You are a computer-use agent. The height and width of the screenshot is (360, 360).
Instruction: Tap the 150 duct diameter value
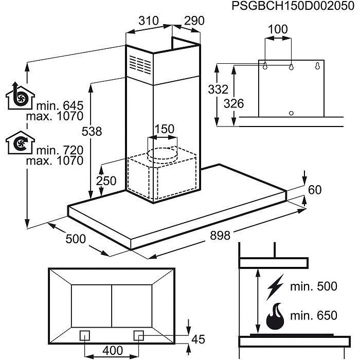tap(165, 129)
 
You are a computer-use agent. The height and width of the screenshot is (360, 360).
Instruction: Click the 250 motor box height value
tap(105, 181)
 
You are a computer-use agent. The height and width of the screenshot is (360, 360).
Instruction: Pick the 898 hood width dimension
tap(222, 234)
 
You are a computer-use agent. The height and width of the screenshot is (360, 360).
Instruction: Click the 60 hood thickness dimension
tap(315, 190)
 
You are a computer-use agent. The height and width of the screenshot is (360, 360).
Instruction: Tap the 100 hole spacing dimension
tap(278, 29)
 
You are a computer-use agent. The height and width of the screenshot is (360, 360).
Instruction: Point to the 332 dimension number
tap(218, 89)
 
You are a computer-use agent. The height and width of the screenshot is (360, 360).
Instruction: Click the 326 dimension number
tap(234, 103)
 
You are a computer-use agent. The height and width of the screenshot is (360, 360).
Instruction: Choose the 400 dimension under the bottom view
tap(113, 351)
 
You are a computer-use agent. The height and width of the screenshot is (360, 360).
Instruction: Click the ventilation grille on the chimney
tap(139, 64)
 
